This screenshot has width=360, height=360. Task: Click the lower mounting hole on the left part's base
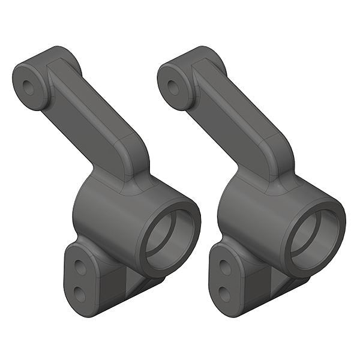pos(79,293)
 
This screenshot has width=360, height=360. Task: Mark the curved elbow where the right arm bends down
pos(278,153)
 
